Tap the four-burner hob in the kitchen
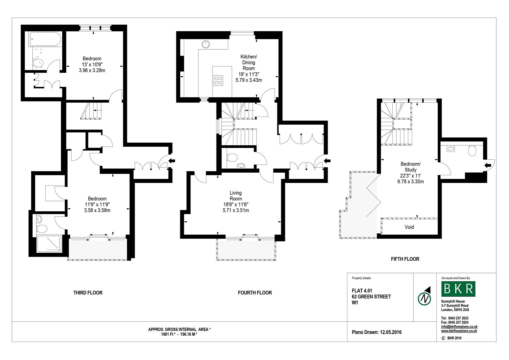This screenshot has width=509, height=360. click(218, 80)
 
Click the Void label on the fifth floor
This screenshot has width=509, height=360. click(409, 227)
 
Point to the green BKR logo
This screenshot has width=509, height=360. click(458, 289)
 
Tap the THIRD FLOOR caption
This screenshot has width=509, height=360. click(88, 293)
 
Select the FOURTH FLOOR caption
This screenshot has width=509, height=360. click(255, 293)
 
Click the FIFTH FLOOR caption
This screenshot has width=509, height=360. click(405, 259)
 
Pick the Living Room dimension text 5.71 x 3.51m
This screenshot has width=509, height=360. click(236, 210)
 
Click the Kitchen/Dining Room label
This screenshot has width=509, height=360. click(249, 62)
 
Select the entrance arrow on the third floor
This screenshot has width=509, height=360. click(172, 161)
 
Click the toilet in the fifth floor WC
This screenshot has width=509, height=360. click(472, 151)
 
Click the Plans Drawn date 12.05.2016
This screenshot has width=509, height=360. click(376, 332)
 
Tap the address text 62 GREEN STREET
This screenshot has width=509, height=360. click(371, 297)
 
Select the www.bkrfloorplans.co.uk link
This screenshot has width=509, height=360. click(459, 331)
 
